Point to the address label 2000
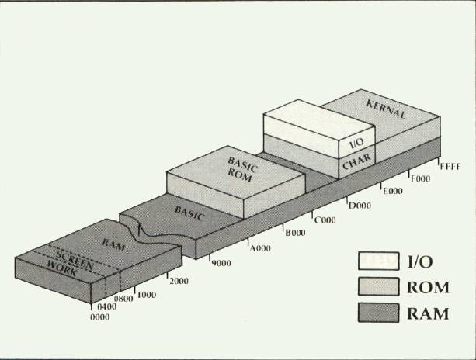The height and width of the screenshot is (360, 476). coord(178,280)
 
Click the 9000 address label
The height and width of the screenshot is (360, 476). coord(221,263)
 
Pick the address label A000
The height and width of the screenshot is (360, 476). coord(259,248)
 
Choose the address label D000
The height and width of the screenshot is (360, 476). coord(360,205)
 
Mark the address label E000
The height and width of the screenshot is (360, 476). coord(391,190)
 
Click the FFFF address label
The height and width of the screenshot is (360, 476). coord(450,166)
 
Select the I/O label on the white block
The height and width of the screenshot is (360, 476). coord(356,144)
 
